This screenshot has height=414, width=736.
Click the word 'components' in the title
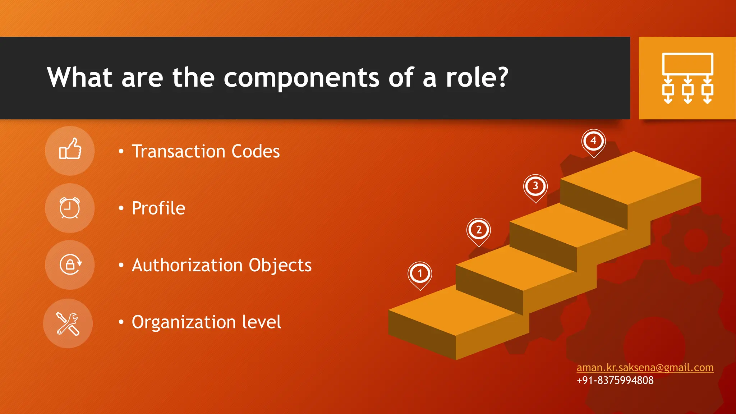coord(301,78)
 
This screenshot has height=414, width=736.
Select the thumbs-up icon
coord(70,151)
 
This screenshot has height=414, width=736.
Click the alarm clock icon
coord(70,208)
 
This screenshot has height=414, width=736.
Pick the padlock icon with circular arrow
coord(70,265)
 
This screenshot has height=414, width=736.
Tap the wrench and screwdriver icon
coord(68,323)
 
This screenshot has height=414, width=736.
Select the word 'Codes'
coord(256,151)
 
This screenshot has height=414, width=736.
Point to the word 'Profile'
coord(158,208)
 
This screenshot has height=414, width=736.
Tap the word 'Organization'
coord(182,322)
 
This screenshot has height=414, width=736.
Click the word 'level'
coord(261,322)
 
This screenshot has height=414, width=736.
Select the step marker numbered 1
coord(420,274)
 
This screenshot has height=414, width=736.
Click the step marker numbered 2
coord(479,230)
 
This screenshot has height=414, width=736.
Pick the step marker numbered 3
coord(535,187)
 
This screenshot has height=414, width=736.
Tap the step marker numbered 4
coord(593,141)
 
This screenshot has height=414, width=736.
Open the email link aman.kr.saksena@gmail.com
coord(645,368)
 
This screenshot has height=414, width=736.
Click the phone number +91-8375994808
coord(615,380)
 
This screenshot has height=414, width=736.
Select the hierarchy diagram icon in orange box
coord(687,78)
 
